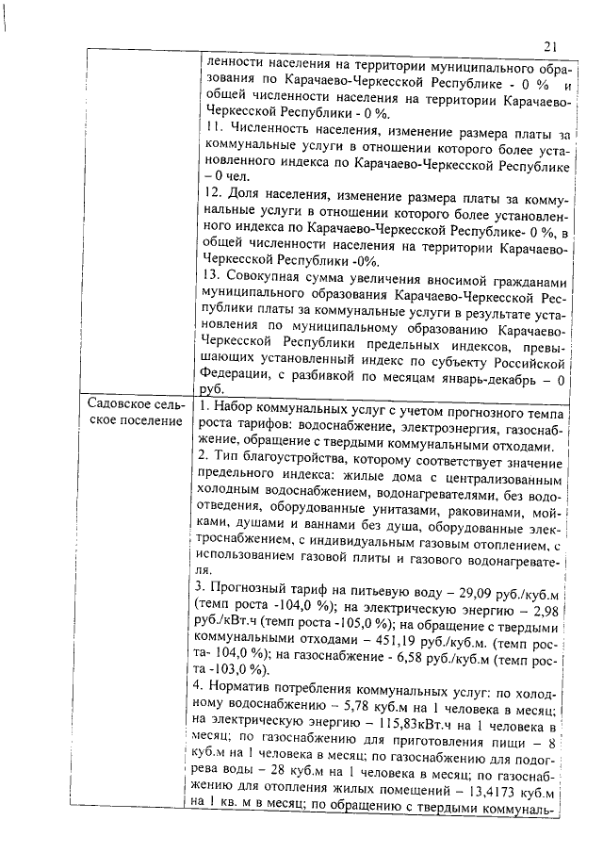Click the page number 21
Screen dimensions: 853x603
(x=552, y=46)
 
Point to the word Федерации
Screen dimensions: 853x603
(x=236, y=380)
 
